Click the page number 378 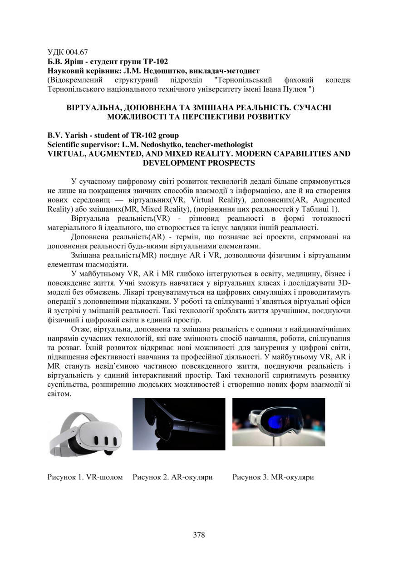pyautogui.click(x=199, y=535)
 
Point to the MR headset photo pyautogui.click(x=279, y=422)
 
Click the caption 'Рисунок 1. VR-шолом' pyautogui.click(x=85, y=477)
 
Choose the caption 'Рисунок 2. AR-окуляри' pyautogui.click(x=173, y=477)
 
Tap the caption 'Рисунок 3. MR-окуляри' pyautogui.click(x=273, y=477)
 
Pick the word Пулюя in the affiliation pyautogui.click(x=293, y=89)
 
